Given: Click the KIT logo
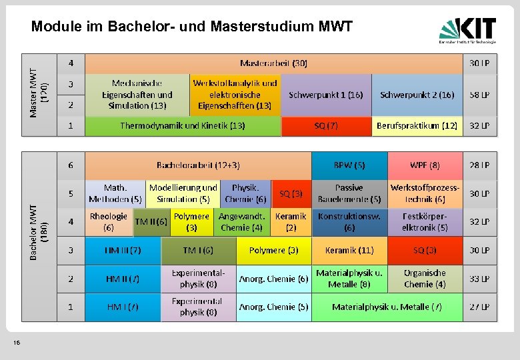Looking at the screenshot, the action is pyautogui.click(x=467, y=29).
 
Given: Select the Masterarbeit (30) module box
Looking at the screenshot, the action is pyautogui.click(x=273, y=63).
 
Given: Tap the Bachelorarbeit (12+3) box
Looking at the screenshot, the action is pyautogui.click(x=198, y=165).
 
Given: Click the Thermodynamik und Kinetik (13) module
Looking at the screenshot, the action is pyautogui.click(x=182, y=125).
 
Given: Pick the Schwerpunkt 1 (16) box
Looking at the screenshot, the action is pyautogui.click(x=325, y=95).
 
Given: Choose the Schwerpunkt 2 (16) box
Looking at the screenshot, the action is pyautogui.click(x=417, y=95).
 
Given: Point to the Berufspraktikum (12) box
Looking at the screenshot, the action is pyautogui.click(x=417, y=125).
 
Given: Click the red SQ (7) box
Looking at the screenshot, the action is pyautogui.click(x=326, y=125).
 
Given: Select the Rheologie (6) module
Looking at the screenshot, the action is pyautogui.click(x=108, y=221).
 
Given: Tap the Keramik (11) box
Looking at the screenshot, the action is pyautogui.click(x=349, y=251).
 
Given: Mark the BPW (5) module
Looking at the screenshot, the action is pyautogui.click(x=349, y=165).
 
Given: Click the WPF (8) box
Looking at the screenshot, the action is pyautogui.click(x=425, y=165).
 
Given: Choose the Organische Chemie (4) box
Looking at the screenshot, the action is pyautogui.click(x=425, y=279).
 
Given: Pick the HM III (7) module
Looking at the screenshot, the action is pyautogui.click(x=123, y=251).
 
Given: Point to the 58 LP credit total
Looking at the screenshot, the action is pyautogui.click(x=479, y=95).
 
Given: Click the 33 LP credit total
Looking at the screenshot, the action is pyautogui.click(x=479, y=279).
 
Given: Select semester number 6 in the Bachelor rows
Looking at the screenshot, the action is pyautogui.click(x=71, y=165).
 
